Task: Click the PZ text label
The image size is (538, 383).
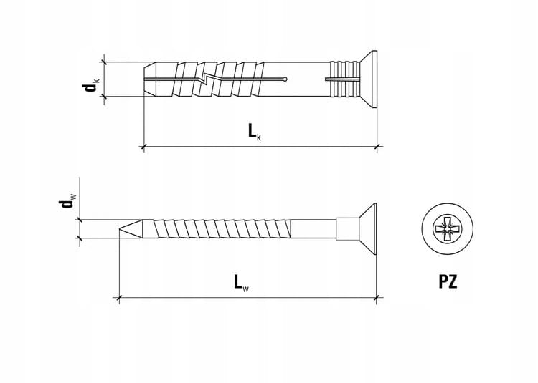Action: [448, 281]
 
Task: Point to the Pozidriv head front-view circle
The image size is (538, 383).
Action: [448, 230]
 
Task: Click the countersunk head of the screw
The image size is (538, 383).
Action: [367, 230]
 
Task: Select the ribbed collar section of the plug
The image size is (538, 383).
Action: [341, 79]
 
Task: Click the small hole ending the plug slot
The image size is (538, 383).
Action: [286, 79]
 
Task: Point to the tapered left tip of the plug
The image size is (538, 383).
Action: [151, 79]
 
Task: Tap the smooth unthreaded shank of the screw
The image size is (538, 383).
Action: [316, 230]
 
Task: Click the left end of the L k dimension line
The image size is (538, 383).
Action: [145, 148]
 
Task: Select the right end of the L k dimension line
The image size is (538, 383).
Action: [377, 148]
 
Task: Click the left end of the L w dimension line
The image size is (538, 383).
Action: [118, 297]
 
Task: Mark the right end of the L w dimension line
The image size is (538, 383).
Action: [377, 297]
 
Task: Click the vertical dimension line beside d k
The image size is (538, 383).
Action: [105, 79]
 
